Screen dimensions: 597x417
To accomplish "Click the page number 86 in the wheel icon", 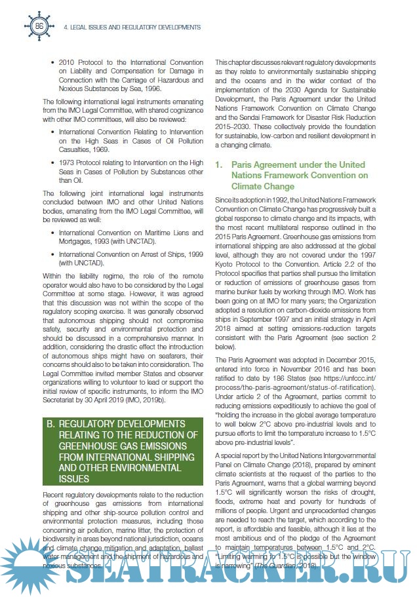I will pos(39,26).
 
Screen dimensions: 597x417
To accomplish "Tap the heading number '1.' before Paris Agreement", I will pos(219,164).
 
